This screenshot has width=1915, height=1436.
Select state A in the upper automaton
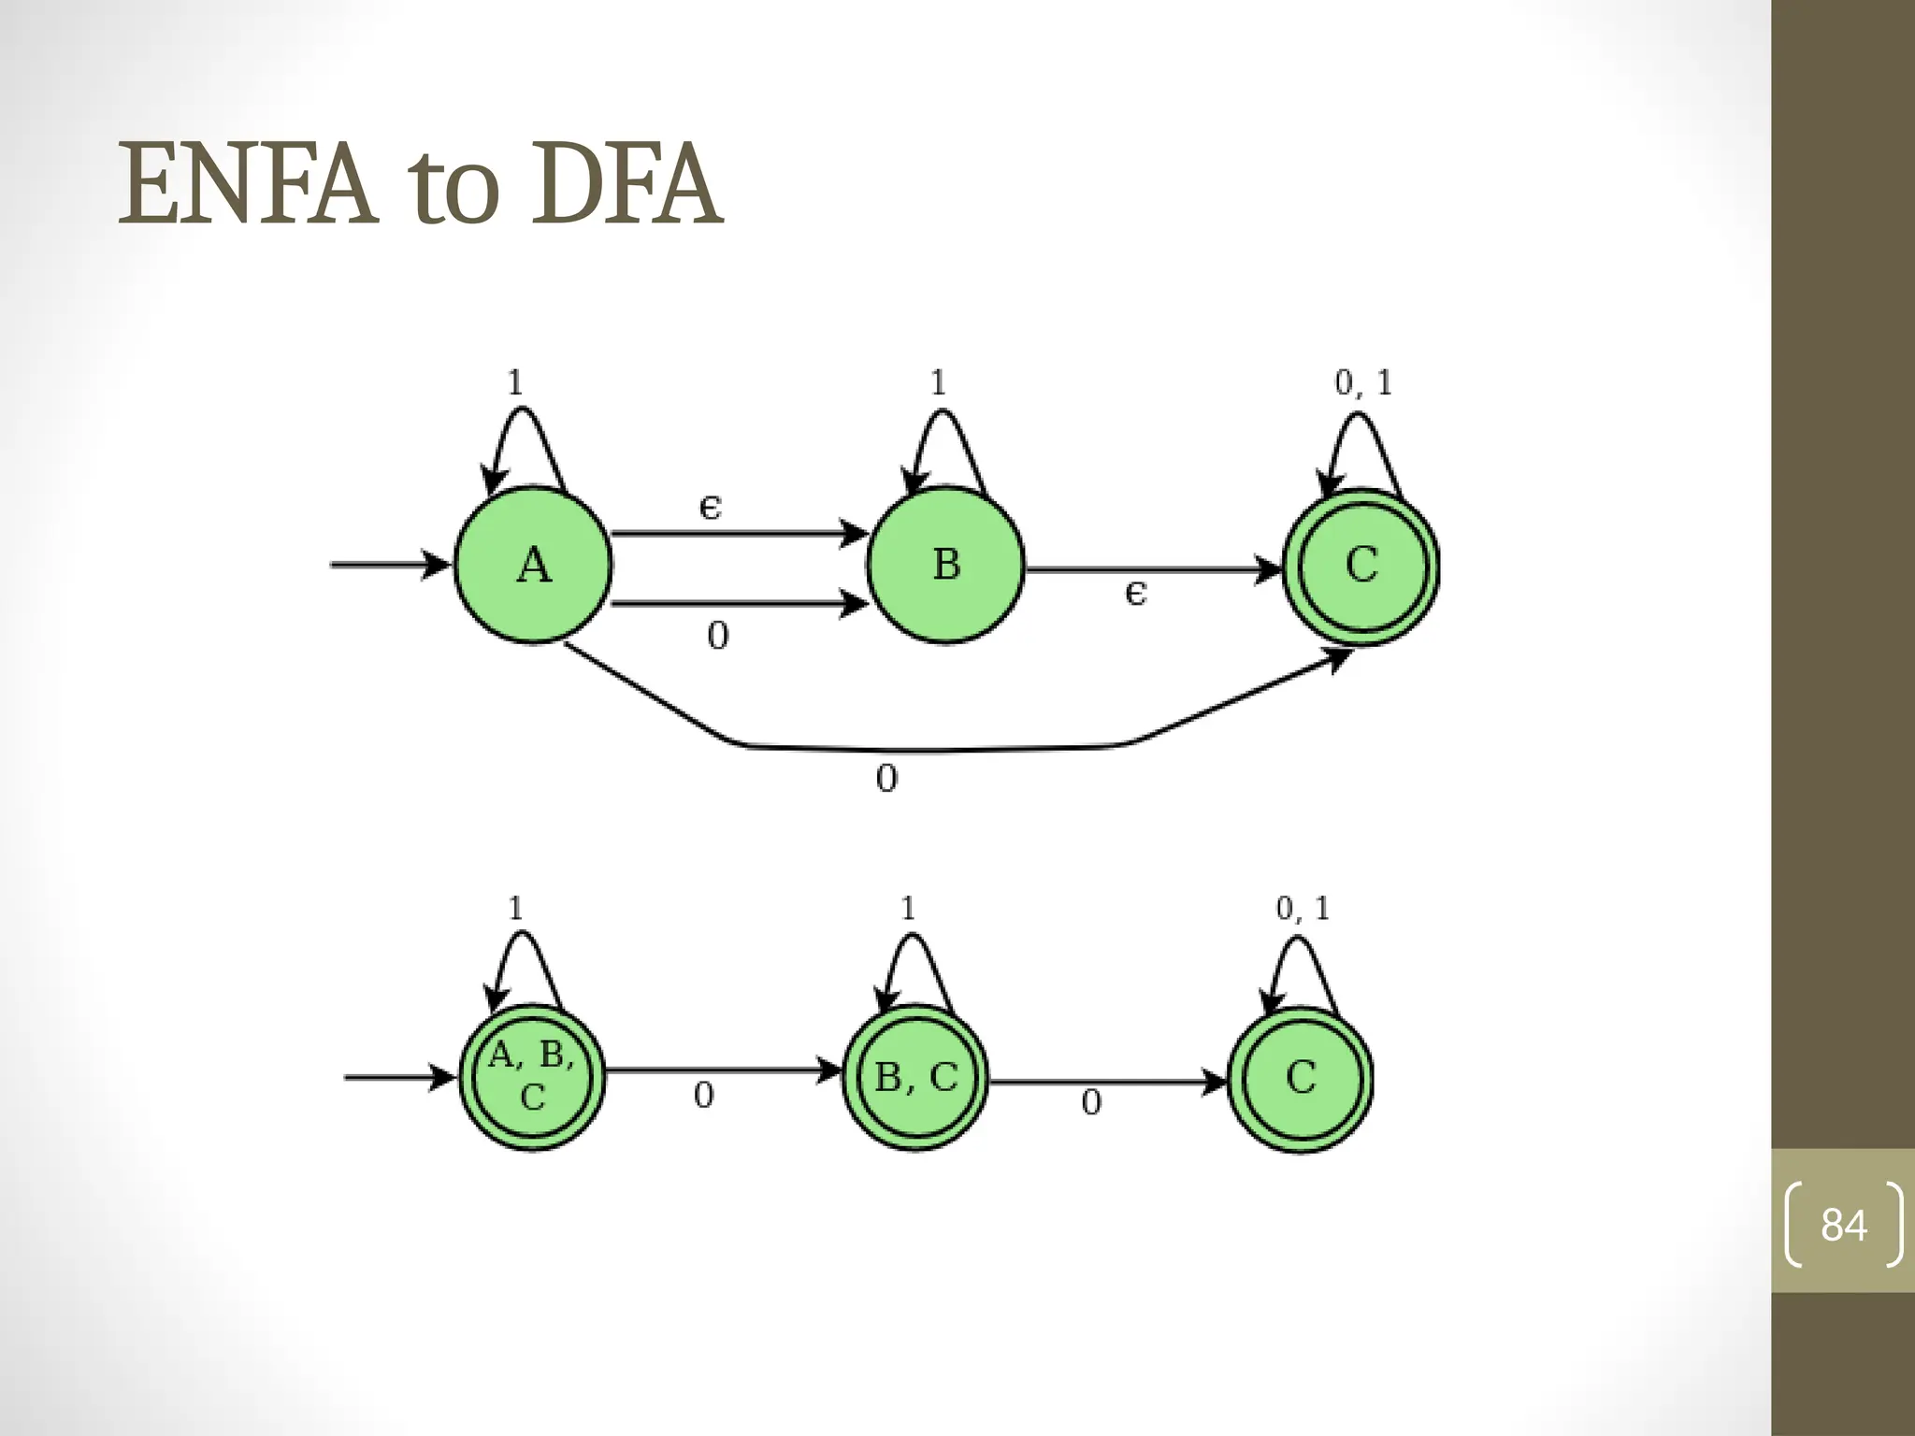533,565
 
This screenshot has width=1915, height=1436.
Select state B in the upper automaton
946,565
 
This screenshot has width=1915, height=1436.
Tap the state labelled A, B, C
532,1077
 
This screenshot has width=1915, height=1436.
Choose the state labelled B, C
915,1078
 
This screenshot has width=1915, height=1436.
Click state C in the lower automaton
1301,1078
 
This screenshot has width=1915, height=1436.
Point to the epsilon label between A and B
711,508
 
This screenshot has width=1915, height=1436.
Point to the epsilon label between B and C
1135,593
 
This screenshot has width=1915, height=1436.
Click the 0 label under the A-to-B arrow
717,637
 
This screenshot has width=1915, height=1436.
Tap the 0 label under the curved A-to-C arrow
886,779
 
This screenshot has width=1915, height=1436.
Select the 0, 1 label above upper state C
1363,382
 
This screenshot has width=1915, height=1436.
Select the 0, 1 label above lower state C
1303,908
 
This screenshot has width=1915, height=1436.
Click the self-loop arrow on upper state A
524,439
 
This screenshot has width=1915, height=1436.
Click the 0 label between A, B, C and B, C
704,1095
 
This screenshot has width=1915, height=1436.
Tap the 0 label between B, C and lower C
1091,1103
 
